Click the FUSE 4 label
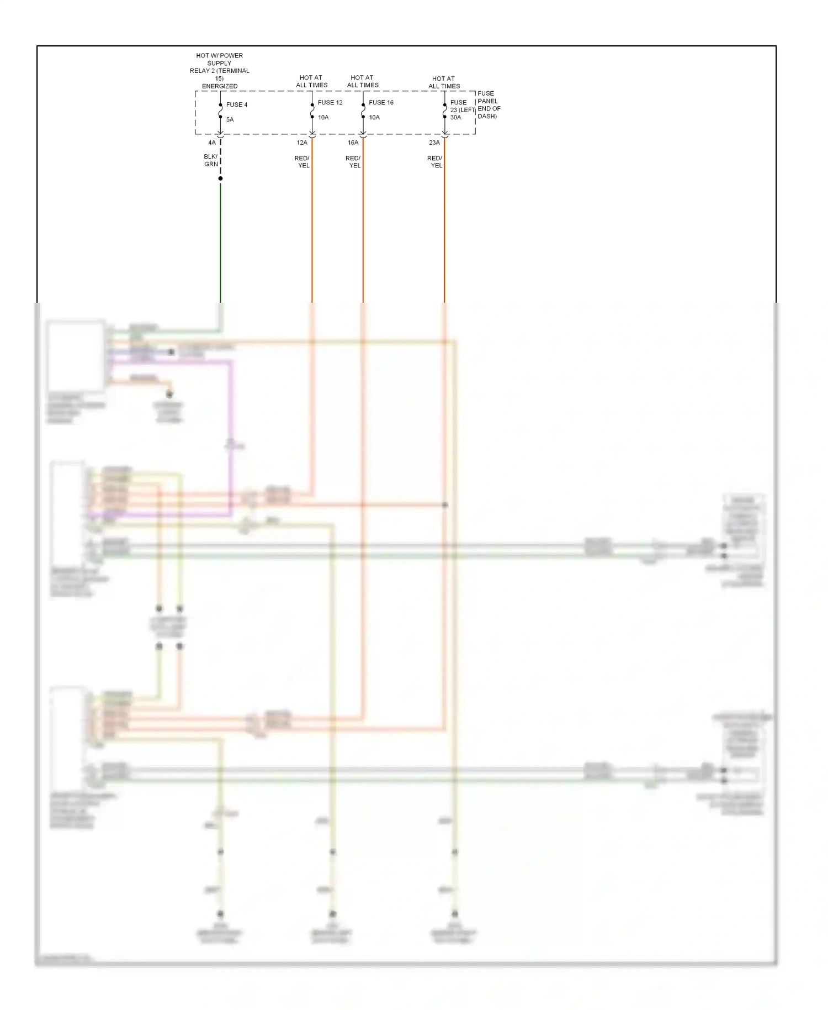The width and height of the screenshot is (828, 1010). (236, 104)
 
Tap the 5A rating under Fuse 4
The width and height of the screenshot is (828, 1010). (230, 119)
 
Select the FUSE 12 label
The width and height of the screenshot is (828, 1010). (330, 102)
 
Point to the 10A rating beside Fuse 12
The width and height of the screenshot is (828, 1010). (323, 117)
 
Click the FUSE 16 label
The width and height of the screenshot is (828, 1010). (381, 102)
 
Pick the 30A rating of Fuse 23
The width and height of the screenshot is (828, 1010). (455, 117)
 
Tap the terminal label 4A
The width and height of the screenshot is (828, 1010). (212, 143)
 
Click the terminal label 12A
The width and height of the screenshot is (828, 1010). (302, 143)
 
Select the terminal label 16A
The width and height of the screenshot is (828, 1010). (353, 143)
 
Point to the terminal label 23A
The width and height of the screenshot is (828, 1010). (434, 143)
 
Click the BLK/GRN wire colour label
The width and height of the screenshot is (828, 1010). (211, 160)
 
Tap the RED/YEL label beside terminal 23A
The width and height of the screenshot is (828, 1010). (435, 162)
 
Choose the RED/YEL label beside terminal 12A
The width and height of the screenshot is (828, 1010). (302, 162)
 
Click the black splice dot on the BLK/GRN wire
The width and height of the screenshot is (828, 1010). (220, 178)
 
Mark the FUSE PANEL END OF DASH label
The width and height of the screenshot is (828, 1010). (489, 104)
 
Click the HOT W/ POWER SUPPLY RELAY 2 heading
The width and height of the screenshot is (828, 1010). (220, 71)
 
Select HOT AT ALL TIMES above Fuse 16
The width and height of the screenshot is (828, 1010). (362, 81)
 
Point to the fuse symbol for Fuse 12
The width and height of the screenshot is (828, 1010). (312, 111)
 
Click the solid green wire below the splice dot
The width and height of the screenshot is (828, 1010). (220, 243)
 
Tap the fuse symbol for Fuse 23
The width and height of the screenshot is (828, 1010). (444, 111)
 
